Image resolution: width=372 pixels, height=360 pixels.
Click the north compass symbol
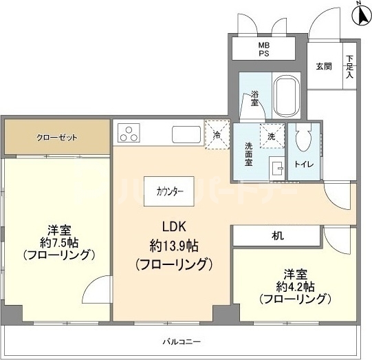(x=361, y=12)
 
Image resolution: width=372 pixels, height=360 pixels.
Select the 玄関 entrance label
(x=324, y=67)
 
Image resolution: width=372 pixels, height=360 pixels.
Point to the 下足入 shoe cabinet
(x=349, y=67)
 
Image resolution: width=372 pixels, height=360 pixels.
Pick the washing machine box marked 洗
(x=271, y=136)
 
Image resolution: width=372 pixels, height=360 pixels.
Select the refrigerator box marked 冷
(x=216, y=133)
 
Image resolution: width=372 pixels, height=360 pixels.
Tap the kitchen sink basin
(x=185, y=132)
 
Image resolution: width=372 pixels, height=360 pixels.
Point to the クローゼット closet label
(x=57, y=138)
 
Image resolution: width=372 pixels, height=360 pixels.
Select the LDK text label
(x=174, y=226)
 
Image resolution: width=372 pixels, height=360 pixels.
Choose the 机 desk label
(x=276, y=235)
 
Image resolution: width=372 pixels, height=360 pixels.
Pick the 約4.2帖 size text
(x=296, y=286)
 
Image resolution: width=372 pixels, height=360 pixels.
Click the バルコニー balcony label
(x=182, y=341)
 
